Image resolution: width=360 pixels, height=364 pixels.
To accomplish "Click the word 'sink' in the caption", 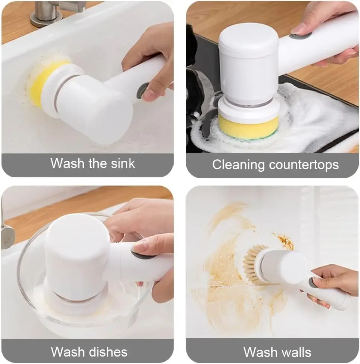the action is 123,164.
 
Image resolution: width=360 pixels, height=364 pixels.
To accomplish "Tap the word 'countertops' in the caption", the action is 304,165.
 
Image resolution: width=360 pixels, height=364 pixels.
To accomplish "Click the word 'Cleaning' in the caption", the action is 238,165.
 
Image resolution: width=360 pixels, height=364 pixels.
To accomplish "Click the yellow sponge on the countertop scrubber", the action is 248,127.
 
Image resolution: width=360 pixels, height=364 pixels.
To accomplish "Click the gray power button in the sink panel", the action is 142,91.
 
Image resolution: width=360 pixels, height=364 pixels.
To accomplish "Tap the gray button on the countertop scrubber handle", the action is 300,36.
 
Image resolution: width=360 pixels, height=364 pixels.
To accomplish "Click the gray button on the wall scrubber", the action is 313,283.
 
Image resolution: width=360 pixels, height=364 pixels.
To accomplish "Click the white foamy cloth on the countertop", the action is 320,116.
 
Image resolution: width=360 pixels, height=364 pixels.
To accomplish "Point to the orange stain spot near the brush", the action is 285,242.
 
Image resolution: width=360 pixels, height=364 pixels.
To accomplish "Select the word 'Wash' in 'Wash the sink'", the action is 67,164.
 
